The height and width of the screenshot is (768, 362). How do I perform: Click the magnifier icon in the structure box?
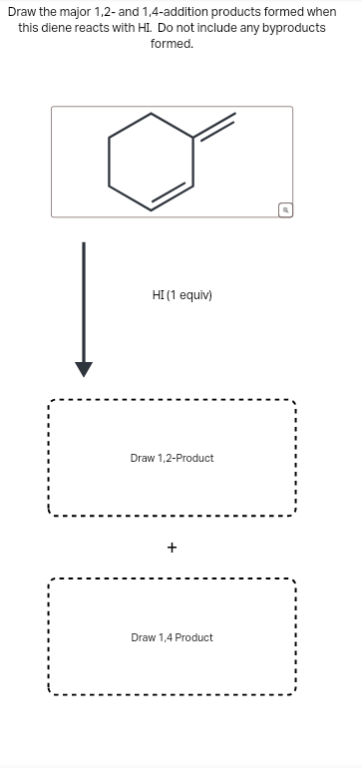[x=284, y=209]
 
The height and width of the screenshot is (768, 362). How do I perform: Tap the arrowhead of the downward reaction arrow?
[x=84, y=369]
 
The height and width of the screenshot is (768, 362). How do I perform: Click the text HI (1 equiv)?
[x=181, y=295]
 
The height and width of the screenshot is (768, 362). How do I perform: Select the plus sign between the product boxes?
[x=172, y=548]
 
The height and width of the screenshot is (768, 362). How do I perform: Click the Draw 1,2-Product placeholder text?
[x=172, y=458]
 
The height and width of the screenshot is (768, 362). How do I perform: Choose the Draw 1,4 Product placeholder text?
[x=172, y=637]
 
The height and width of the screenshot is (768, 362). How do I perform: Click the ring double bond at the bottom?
[x=172, y=196]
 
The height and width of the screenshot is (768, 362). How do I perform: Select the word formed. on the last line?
[x=172, y=44]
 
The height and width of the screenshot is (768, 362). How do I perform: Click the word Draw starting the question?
[x=22, y=11]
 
